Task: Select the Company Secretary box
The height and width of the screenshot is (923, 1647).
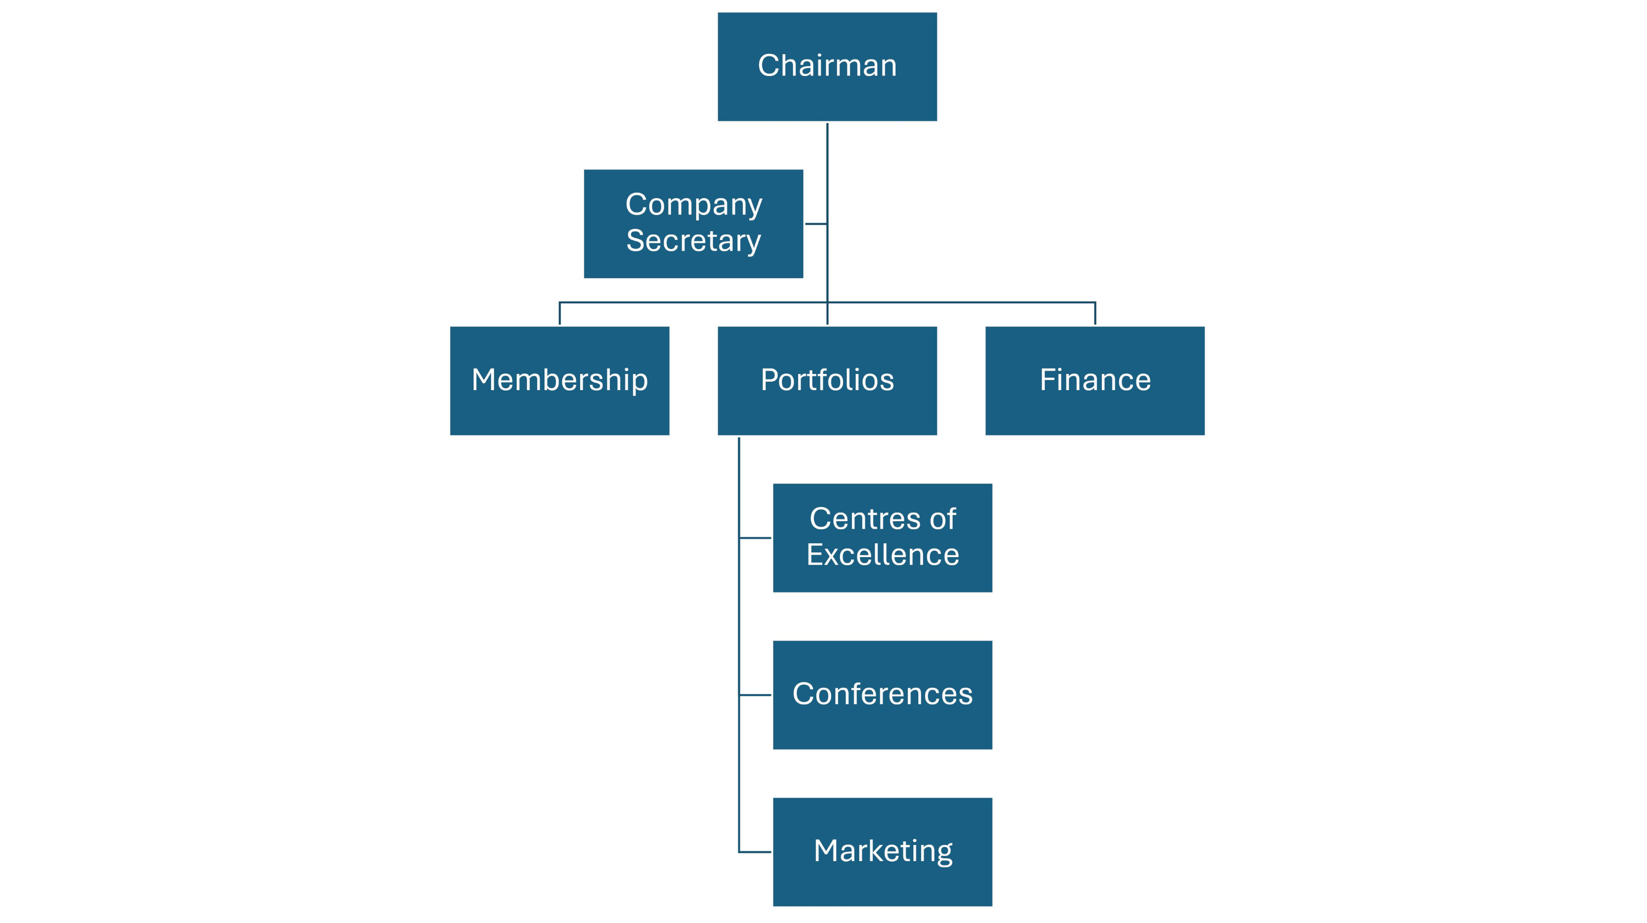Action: (x=693, y=224)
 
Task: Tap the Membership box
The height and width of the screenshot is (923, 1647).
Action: (x=560, y=381)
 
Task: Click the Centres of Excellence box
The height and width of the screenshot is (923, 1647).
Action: (x=883, y=538)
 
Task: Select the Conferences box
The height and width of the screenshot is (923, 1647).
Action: (x=883, y=695)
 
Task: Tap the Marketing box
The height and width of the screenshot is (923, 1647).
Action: (x=883, y=851)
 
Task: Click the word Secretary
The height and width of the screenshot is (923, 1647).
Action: (x=693, y=241)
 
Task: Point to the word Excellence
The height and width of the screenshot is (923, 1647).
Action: (x=883, y=555)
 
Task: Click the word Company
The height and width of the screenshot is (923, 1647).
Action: (x=693, y=205)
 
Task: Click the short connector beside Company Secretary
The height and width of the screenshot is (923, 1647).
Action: (x=815, y=224)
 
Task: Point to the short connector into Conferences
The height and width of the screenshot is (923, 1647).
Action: (x=755, y=695)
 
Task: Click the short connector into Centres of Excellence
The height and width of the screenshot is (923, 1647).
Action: (x=755, y=538)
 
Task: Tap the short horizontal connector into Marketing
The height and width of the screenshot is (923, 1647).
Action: (x=755, y=852)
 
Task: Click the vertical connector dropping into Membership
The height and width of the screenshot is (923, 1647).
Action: (x=560, y=314)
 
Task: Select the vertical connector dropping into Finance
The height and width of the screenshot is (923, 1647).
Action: (x=1095, y=314)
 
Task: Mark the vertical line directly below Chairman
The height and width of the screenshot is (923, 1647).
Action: (x=828, y=166)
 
